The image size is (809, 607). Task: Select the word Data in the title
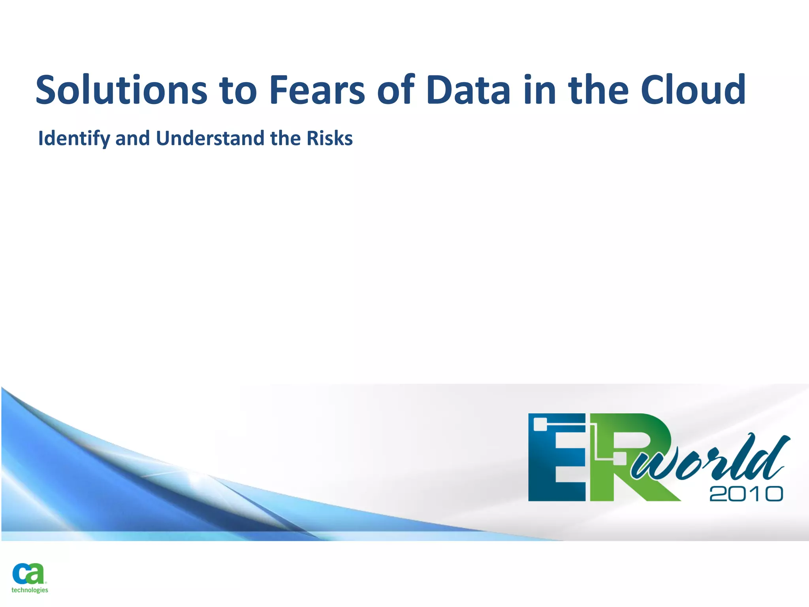(468, 90)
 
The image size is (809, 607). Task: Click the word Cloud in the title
(693, 90)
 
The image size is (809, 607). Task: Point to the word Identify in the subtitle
(74, 139)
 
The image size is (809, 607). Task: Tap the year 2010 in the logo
(746, 494)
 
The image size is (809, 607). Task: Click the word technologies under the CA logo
(30, 590)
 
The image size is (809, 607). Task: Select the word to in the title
(238, 90)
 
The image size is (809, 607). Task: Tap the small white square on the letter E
(540, 424)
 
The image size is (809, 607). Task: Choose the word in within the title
(540, 90)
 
